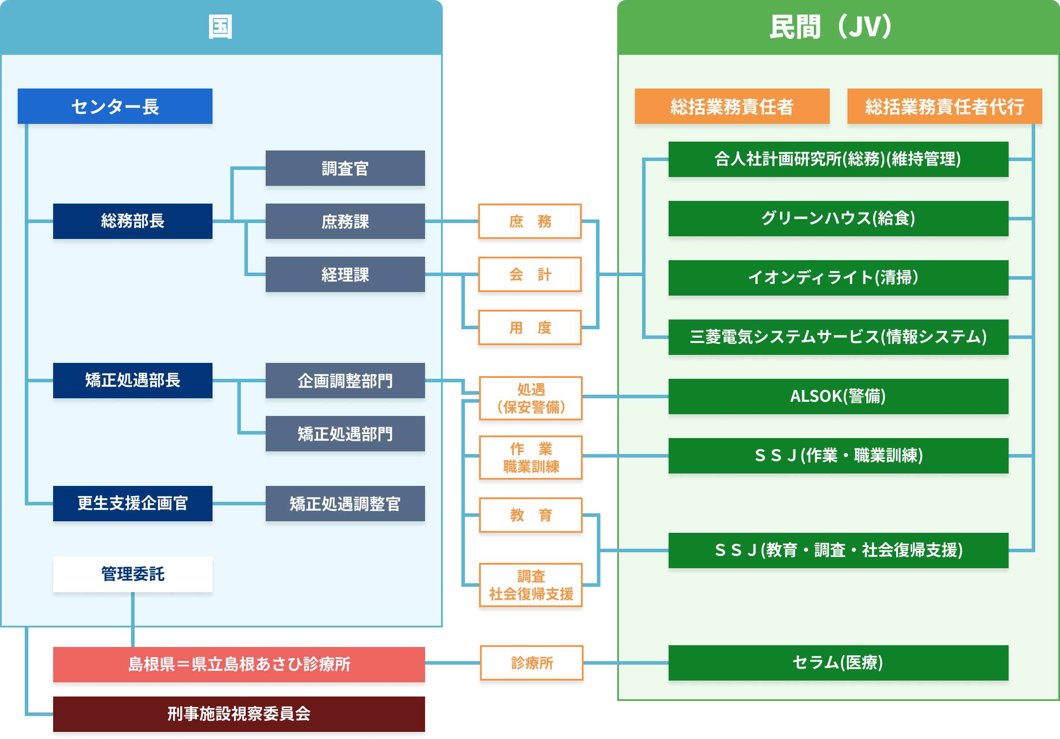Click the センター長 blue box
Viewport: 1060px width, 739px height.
point(115,106)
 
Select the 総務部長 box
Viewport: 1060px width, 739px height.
point(132,221)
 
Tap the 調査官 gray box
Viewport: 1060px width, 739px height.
point(345,168)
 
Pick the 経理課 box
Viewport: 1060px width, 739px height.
point(345,274)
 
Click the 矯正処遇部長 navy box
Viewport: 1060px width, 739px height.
point(132,380)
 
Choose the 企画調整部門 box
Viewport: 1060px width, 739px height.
point(345,380)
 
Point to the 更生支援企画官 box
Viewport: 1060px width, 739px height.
point(132,503)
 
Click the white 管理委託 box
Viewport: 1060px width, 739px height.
point(132,574)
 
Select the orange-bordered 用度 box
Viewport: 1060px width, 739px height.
point(530,327)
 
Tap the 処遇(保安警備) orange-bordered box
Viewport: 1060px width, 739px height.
point(531,398)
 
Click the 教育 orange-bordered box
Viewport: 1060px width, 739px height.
point(531,515)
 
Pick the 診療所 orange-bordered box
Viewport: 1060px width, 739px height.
point(532,663)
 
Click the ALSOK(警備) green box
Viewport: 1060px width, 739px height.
point(838,396)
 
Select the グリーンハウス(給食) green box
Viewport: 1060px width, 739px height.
point(838,218)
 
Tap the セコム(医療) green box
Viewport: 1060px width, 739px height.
point(838,662)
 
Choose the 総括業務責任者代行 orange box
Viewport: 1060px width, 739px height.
point(944,106)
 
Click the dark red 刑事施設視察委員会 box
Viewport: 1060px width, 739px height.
point(239,714)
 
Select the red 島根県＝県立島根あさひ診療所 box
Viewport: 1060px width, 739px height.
point(239,664)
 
